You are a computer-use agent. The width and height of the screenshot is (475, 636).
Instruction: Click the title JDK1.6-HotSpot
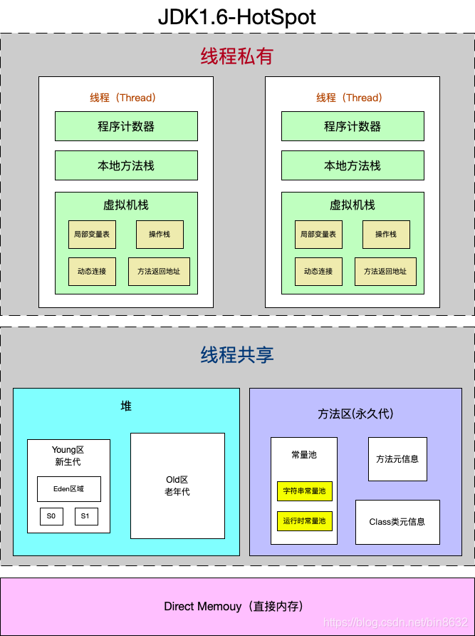pyautogui.click(x=237, y=16)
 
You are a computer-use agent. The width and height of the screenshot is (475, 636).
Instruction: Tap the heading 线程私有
pyautogui.click(x=237, y=56)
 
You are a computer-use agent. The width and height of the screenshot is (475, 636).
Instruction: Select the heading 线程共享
pyautogui.click(x=237, y=354)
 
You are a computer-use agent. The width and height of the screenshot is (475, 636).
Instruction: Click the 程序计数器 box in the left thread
pyautogui.click(x=126, y=126)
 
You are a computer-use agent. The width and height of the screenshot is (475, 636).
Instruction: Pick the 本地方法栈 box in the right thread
pyautogui.click(x=353, y=165)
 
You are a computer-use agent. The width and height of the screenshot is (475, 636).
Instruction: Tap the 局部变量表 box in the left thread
pyautogui.click(x=92, y=234)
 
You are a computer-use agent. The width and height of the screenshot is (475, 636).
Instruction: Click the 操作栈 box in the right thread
pyautogui.click(x=386, y=234)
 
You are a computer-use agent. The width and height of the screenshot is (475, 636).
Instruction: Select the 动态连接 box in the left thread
pyautogui.click(x=92, y=271)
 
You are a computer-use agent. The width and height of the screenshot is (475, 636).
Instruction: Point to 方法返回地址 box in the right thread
pyautogui.click(x=385, y=271)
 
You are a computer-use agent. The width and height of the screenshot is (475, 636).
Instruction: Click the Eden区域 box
pyautogui.click(x=69, y=489)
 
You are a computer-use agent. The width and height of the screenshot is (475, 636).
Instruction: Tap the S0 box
pyautogui.click(x=51, y=516)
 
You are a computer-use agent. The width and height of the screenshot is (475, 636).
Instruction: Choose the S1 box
pyautogui.click(x=85, y=516)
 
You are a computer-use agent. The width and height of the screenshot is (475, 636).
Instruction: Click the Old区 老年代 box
pyautogui.click(x=177, y=486)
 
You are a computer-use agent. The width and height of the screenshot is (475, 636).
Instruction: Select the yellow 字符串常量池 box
pyautogui.click(x=304, y=491)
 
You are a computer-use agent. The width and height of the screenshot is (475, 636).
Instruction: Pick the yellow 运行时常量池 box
pyautogui.click(x=304, y=521)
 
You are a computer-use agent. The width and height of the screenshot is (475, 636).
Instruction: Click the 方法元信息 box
pyautogui.click(x=397, y=459)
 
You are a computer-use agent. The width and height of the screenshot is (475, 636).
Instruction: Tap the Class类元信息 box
pyautogui.click(x=397, y=522)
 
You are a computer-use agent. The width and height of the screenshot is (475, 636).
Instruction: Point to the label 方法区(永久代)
pyautogui.click(x=355, y=414)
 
